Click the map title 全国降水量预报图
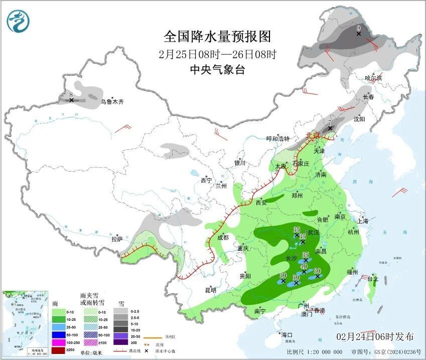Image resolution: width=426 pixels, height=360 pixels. [217, 37]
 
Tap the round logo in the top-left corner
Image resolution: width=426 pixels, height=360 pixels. [19, 21]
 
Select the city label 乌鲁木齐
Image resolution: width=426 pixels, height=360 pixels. [111, 102]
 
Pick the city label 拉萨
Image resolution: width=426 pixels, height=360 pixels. [117, 239]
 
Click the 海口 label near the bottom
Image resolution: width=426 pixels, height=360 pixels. [287, 334]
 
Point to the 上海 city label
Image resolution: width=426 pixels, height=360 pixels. [362, 221]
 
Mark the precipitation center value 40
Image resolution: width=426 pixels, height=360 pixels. [304, 266]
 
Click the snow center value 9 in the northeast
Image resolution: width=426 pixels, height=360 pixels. [358, 29]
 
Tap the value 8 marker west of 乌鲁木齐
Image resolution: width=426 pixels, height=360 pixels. [71, 94]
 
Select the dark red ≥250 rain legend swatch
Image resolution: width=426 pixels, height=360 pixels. [60, 349]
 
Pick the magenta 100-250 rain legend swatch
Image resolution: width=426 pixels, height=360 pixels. [60, 341]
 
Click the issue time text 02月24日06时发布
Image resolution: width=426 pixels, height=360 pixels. [375, 336]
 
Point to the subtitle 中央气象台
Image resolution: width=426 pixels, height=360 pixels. [217, 70]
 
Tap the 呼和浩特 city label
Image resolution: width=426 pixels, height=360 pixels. [277, 139]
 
